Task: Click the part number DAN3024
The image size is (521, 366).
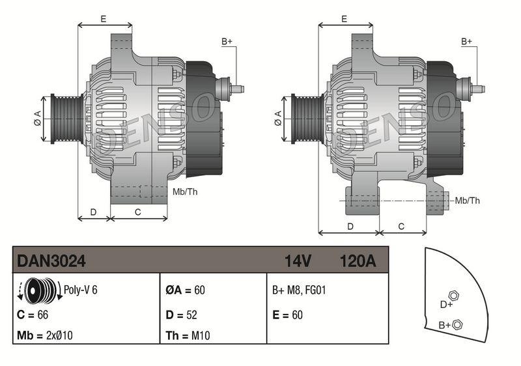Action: click(51, 261)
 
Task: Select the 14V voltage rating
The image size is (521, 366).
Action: click(298, 261)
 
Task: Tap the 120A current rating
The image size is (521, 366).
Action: click(358, 261)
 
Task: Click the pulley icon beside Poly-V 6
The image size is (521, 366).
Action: click(37, 290)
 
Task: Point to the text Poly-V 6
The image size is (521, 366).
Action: click(80, 290)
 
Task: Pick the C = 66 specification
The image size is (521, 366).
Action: click(33, 314)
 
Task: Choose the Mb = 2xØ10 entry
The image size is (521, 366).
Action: click(44, 336)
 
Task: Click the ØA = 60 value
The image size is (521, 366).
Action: click(185, 290)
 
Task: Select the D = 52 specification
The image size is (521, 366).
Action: click(180, 314)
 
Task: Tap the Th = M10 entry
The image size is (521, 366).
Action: click(186, 336)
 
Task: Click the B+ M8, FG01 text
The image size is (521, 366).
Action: click(298, 290)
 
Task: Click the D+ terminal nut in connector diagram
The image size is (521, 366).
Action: click(454, 295)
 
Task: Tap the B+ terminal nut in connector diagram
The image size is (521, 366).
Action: click(457, 324)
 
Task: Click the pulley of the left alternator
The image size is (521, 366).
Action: click(64, 118)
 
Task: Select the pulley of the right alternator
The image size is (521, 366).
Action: click(304, 118)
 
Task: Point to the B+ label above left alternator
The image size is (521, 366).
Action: click(227, 42)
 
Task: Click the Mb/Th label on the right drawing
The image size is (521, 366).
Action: click(467, 201)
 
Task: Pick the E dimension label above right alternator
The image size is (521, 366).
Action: click(343, 19)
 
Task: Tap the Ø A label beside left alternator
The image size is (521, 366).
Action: click(37, 118)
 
